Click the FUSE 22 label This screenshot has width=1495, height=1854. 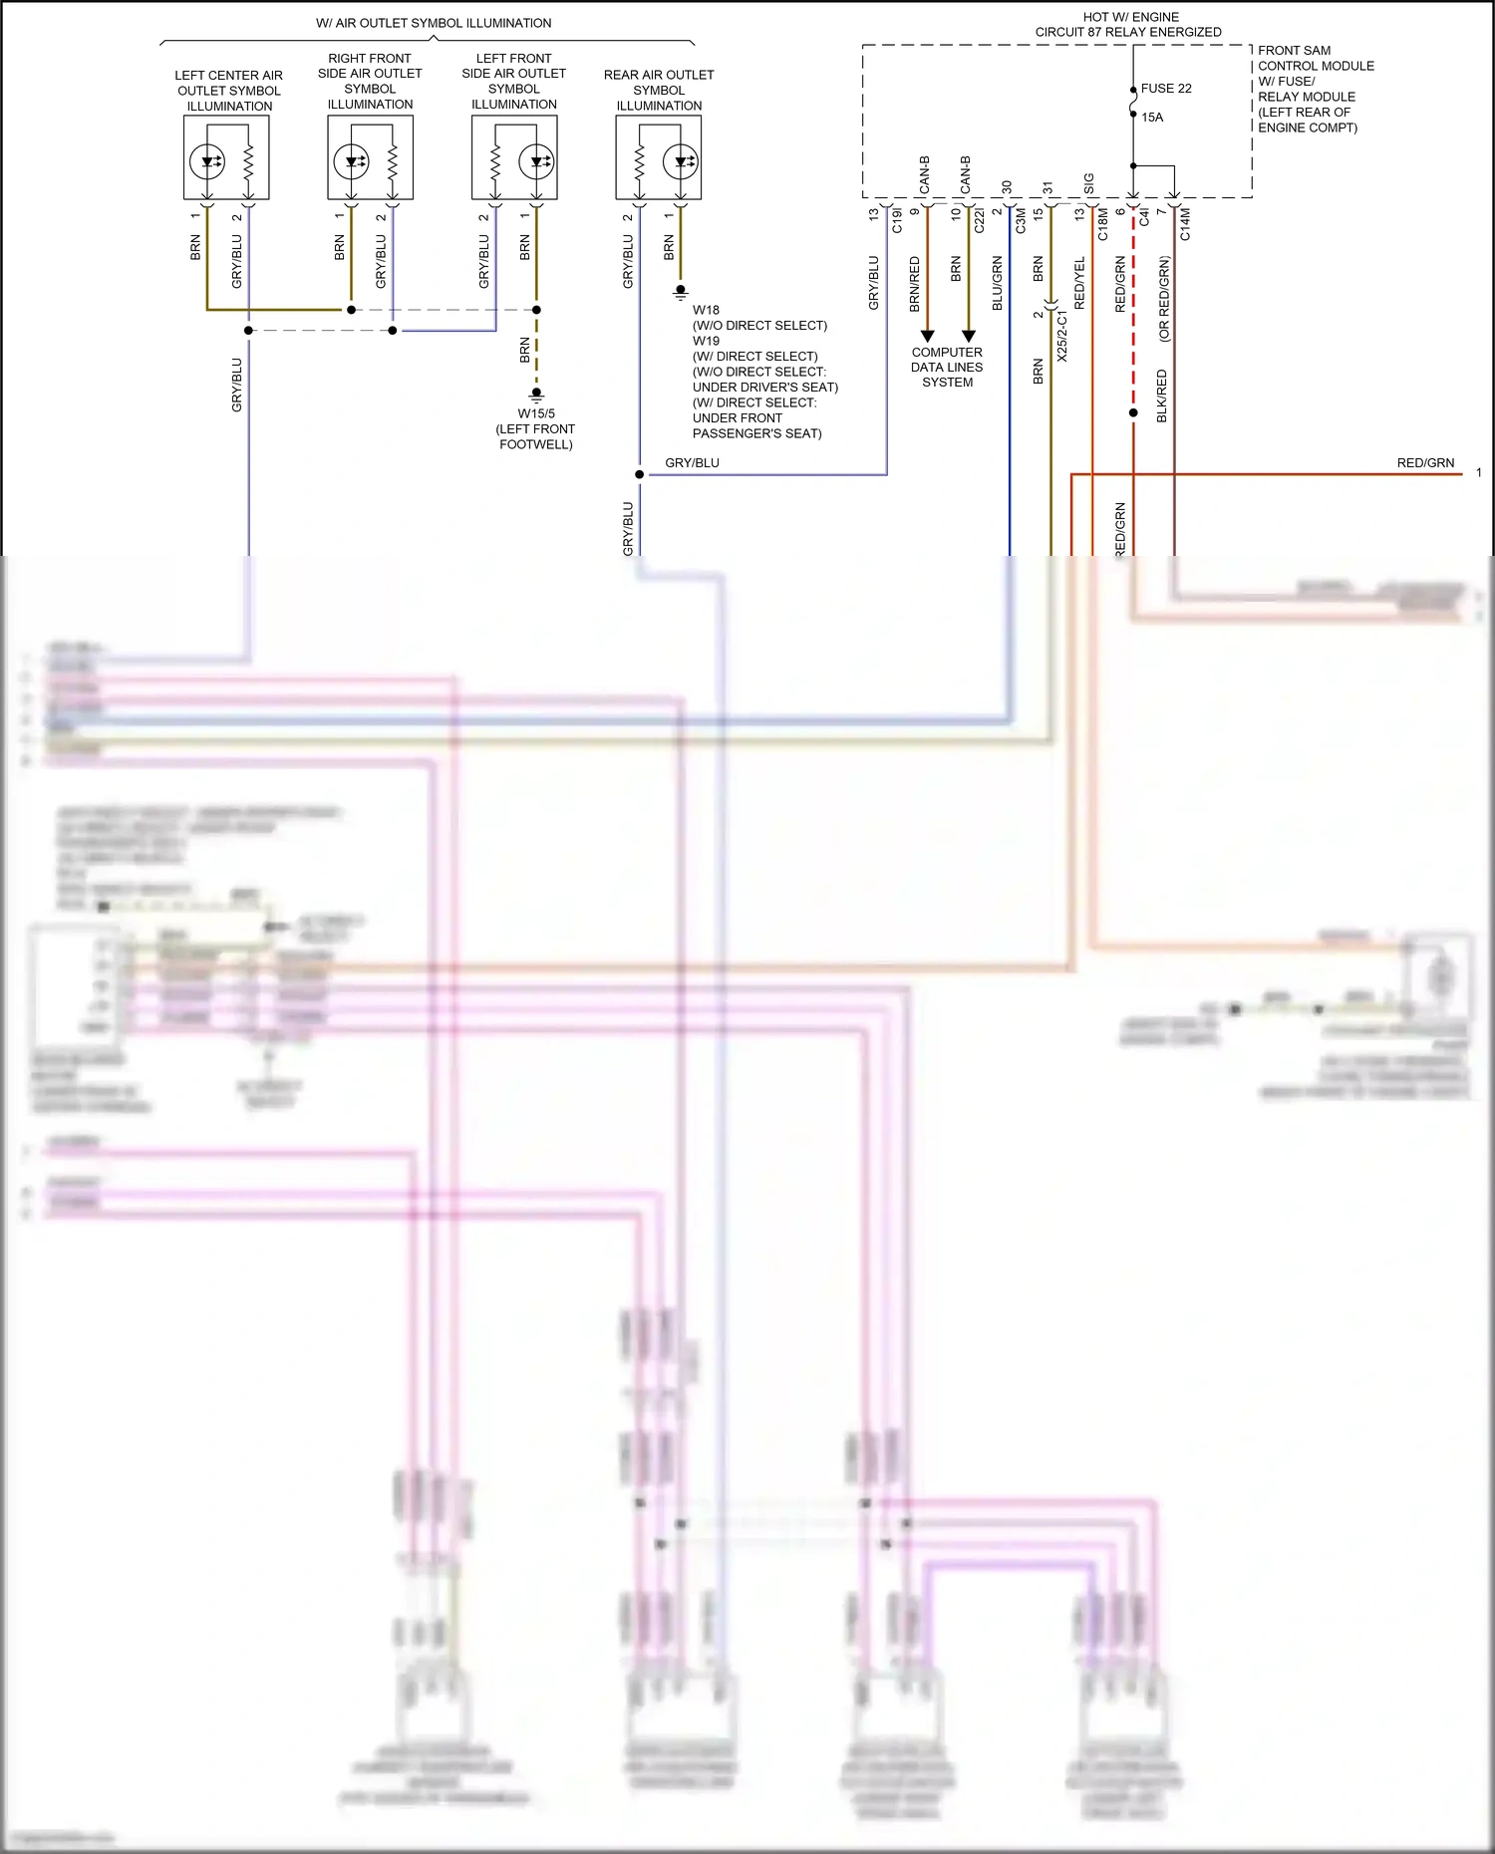pyautogui.click(x=1165, y=89)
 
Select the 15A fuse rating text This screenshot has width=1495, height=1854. pyautogui.click(x=1152, y=118)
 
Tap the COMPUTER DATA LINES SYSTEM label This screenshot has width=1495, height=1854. pyautogui.click(x=947, y=368)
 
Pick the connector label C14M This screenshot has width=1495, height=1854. pyautogui.click(x=1185, y=224)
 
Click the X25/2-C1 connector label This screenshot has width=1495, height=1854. pyautogui.click(x=1061, y=336)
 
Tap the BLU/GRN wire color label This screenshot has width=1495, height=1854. pyautogui.click(x=997, y=284)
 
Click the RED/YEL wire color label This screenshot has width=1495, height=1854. pyautogui.click(x=1079, y=283)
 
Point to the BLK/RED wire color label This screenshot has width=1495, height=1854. pyautogui.click(x=1161, y=397)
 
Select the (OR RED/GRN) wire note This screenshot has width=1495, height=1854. pyautogui.click(x=1164, y=299)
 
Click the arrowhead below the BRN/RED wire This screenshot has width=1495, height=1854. pyautogui.click(x=927, y=336)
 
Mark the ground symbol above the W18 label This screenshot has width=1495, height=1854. pyautogui.click(x=681, y=293)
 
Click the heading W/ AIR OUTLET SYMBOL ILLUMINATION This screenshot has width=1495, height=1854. pyautogui.click(x=434, y=23)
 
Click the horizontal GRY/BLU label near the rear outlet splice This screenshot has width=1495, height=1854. pyautogui.click(x=692, y=463)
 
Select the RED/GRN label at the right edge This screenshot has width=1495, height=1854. pyautogui.click(x=1425, y=463)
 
